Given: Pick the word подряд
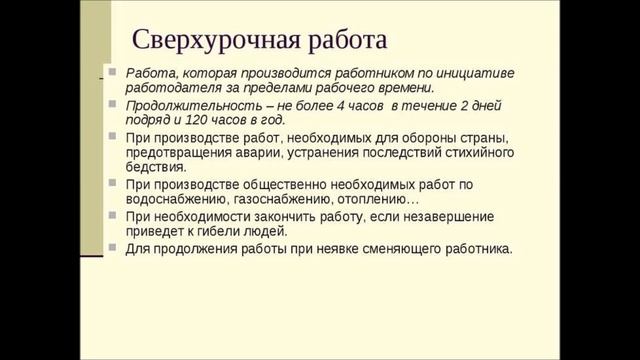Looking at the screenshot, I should (x=146, y=119).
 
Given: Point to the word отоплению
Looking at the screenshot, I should (x=366, y=199).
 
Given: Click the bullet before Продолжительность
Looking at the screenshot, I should (x=116, y=104).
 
